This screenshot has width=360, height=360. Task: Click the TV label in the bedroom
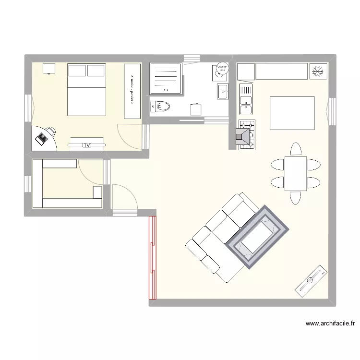[x=87, y=145]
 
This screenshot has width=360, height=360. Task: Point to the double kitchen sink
[x=246, y=100]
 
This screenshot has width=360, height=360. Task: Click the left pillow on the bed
[x=77, y=71]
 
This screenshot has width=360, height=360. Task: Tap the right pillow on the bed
[x=96, y=71]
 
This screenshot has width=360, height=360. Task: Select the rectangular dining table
[x=295, y=174]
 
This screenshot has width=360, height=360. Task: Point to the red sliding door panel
[x=152, y=258]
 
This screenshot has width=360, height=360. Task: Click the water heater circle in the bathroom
[x=222, y=70]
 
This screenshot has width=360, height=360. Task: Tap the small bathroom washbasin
[x=223, y=91]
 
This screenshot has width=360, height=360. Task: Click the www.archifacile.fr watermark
[x=330, y=324]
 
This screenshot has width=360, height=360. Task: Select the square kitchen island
[x=292, y=113]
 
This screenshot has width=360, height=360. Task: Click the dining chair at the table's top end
[x=295, y=149]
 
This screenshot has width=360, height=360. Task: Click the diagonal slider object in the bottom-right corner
[x=312, y=279]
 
